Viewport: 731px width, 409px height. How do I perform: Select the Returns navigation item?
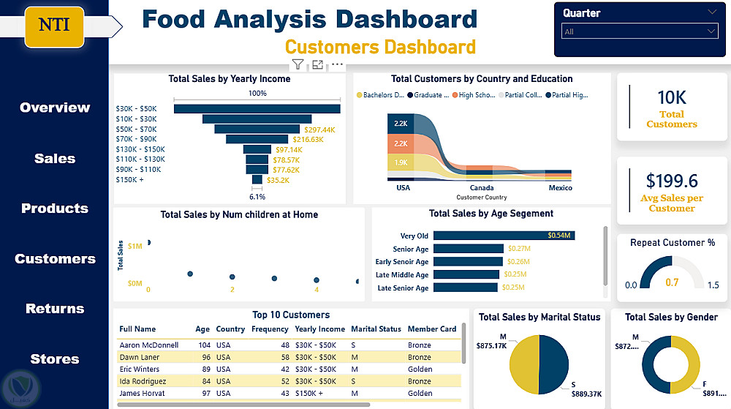pyautogui.click(x=55, y=309)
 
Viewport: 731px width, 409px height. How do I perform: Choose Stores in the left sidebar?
pyautogui.click(x=55, y=359)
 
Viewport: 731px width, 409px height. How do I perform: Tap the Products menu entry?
pyautogui.click(x=55, y=209)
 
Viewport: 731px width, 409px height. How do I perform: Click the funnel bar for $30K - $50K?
pyautogui.click(x=257, y=109)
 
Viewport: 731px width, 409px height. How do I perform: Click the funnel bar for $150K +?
pyautogui.click(x=257, y=179)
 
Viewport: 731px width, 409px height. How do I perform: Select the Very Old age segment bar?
pyautogui.click(x=504, y=236)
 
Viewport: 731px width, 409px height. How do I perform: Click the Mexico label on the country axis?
pyautogui.click(x=561, y=188)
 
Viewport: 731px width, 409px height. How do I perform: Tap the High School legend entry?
pyautogui.click(x=475, y=95)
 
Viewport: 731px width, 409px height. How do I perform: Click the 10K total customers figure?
pyautogui.click(x=671, y=97)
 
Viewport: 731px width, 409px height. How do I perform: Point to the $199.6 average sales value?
pyautogui.click(x=671, y=181)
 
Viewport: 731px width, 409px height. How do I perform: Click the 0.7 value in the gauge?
pyautogui.click(x=671, y=282)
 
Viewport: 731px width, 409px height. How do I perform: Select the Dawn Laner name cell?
pyautogui.click(x=139, y=358)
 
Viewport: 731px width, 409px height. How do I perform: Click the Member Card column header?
pyautogui.click(x=431, y=329)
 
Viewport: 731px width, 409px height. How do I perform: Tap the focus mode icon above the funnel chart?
pyautogui.click(x=317, y=64)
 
